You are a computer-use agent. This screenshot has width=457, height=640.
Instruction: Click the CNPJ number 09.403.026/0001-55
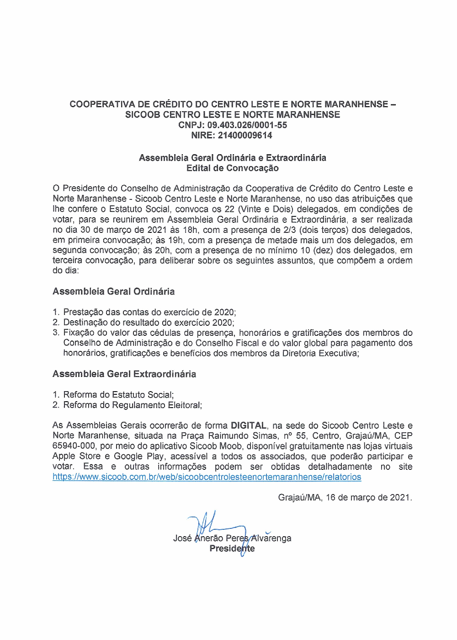coord(247,125)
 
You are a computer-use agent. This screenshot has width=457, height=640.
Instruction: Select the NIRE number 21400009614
coord(244,135)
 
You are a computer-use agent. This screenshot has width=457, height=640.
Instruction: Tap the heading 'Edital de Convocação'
coord(232,168)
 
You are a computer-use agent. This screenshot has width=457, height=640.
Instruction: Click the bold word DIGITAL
coord(248,425)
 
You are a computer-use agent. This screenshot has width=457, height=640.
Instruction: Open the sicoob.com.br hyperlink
coord(207,477)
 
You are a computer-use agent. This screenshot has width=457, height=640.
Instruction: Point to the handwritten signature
coord(215,526)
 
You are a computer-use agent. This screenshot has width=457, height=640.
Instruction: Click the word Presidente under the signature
coord(232,549)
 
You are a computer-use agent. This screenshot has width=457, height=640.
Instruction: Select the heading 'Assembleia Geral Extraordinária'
coord(124,374)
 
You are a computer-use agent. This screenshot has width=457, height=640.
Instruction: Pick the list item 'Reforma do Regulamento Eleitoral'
coord(132,405)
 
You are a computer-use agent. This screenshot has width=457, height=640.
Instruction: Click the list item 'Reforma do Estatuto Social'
coord(118,395)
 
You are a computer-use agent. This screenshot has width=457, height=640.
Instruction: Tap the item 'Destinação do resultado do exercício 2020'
coord(149,323)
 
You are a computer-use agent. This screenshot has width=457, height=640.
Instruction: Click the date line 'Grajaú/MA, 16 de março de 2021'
coord(345,497)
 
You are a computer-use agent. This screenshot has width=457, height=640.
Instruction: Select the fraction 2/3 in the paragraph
coord(290,230)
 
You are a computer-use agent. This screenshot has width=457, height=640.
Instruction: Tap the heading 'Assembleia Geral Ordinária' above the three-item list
coord(113,292)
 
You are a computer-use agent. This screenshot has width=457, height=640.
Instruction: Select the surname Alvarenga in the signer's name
coord(271,538)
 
